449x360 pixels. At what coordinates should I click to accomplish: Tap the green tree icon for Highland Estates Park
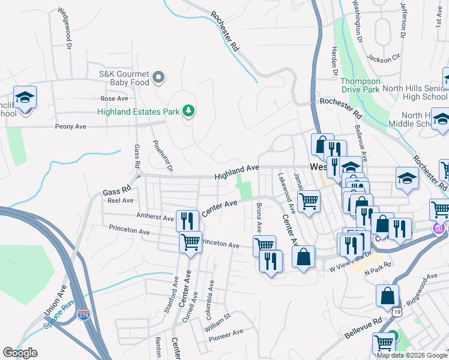[x=189, y=110]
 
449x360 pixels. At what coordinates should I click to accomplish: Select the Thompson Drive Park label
[x=360, y=85]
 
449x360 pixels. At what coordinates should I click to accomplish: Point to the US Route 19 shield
[x=397, y=313]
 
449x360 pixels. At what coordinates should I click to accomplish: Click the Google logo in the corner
[x=20, y=353]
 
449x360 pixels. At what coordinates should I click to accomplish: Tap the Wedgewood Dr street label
[x=64, y=28]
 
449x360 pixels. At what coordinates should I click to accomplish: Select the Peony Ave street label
[x=71, y=127]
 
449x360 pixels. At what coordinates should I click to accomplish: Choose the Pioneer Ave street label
[x=226, y=332]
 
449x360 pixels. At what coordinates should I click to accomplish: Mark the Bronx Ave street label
[x=259, y=218]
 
